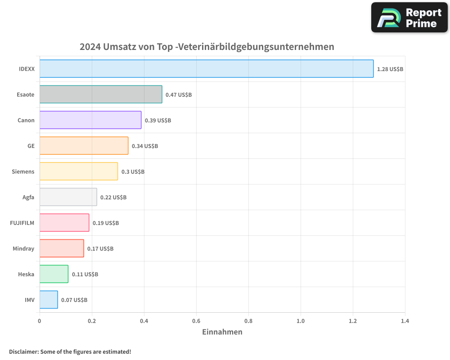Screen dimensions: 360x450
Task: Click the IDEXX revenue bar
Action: [207, 69]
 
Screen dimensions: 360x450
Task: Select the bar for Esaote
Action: [101, 94]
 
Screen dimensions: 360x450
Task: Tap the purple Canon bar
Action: [90, 120]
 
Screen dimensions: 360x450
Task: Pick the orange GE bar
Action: [84, 146]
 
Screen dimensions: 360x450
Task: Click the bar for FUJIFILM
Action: [64, 223]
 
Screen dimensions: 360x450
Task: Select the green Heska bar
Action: [54, 274]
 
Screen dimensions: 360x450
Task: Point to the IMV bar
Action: [49, 300]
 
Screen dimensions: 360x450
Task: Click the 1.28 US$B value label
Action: [390, 69]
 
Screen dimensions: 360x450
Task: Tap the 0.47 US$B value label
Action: [179, 95]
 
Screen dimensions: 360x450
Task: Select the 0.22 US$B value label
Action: [113, 198]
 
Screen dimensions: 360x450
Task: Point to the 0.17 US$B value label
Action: [100, 249]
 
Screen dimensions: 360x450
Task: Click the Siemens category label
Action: [23, 171]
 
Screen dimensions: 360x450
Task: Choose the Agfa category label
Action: [28, 197]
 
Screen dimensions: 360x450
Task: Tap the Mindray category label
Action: [23, 248]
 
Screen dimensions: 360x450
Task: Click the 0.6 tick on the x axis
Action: [196, 321]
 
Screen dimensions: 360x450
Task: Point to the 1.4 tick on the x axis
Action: [405, 321]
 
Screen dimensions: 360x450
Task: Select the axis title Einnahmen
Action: [222, 332]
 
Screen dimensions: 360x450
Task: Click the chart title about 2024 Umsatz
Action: [207, 47]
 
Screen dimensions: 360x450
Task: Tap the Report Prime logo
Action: [409, 18]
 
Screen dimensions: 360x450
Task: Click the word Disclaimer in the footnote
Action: [23, 351]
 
